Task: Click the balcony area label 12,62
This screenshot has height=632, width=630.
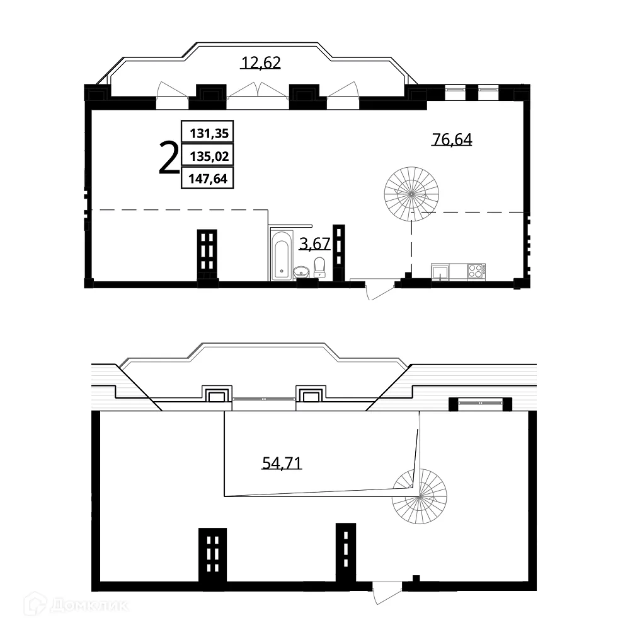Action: [x=261, y=62]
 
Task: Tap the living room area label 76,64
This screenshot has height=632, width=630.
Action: [x=452, y=139]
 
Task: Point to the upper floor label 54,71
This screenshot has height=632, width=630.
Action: [x=282, y=464]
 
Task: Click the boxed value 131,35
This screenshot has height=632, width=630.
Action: [x=207, y=133]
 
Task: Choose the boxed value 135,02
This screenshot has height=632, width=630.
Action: [x=207, y=156]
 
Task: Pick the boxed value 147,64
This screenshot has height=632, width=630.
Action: [x=207, y=179]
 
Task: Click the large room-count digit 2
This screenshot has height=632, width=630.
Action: [x=168, y=158]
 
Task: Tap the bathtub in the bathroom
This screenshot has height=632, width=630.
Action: [x=281, y=255]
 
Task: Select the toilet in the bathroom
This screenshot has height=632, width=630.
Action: [x=319, y=267]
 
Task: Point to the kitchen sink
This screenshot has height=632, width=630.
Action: [x=439, y=272]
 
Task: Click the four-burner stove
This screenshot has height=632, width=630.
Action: [x=476, y=272]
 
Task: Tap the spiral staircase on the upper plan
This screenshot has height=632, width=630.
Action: [x=413, y=192]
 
